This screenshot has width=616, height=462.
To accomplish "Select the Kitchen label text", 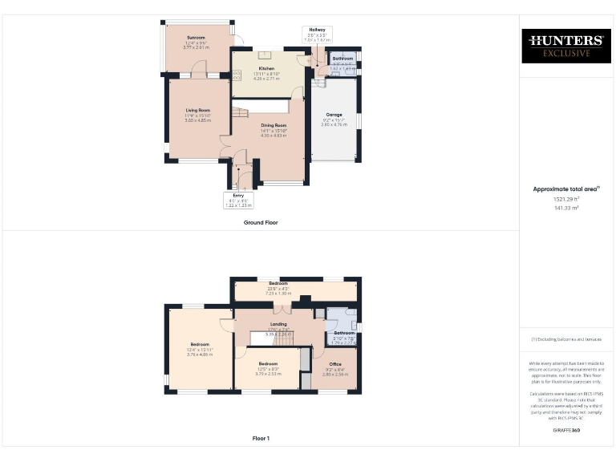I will pyautogui.click(x=266, y=69).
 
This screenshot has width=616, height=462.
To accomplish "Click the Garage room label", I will pyautogui.click(x=334, y=115).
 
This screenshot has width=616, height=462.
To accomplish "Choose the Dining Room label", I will pyautogui.click(x=274, y=126).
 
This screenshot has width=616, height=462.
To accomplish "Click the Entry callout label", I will pyautogui.click(x=240, y=195).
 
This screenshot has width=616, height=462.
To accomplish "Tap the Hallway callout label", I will pyautogui.click(x=317, y=30).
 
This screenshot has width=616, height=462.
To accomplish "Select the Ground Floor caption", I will pyautogui.click(x=261, y=222).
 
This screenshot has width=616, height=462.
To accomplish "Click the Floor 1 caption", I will pyautogui.click(x=261, y=438).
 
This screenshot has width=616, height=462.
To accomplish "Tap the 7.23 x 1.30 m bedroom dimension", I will pyautogui.click(x=278, y=293).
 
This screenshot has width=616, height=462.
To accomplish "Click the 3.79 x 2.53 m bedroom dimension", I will pyautogui.click(x=267, y=373).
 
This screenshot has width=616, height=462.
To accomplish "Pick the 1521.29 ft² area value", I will pyautogui.click(x=567, y=199).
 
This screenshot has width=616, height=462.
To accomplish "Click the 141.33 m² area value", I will pyautogui.click(x=567, y=208).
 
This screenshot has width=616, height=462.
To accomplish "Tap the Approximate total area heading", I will pyautogui.click(x=567, y=189).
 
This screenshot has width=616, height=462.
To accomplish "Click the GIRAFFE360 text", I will pyautogui.click(x=567, y=432).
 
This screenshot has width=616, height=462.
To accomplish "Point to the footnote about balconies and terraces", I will pyautogui.click(x=567, y=340).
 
